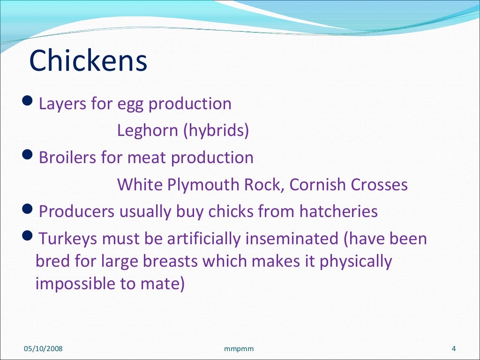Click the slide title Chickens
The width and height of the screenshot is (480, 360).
[88, 61]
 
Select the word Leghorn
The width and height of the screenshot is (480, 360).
[147, 131]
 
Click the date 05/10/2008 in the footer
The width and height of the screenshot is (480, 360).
[44, 349]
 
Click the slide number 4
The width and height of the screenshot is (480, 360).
[453, 349]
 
